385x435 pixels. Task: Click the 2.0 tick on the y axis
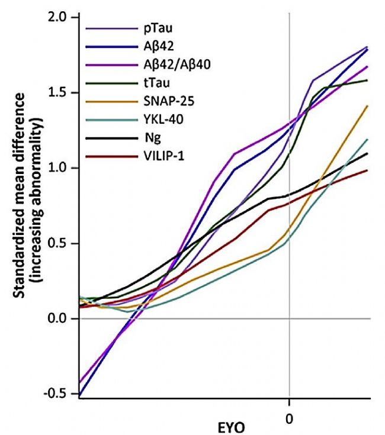(x=59, y=17)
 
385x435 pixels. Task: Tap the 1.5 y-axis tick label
(x=59, y=93)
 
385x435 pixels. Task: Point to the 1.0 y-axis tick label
(x=59, y=168)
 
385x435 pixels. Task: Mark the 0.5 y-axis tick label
(x=59, y=243)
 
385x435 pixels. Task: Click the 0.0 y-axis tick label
(x=59, y=319)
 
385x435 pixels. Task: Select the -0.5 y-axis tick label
(x=57, y=394)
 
